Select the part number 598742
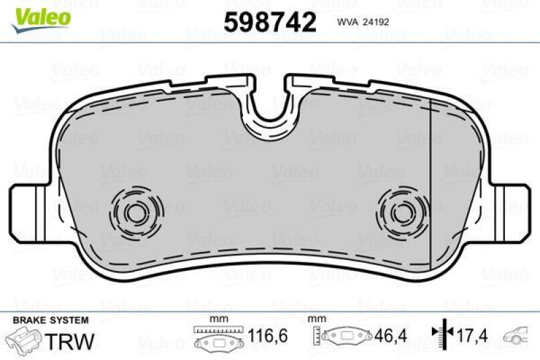(x=270, y=22)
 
